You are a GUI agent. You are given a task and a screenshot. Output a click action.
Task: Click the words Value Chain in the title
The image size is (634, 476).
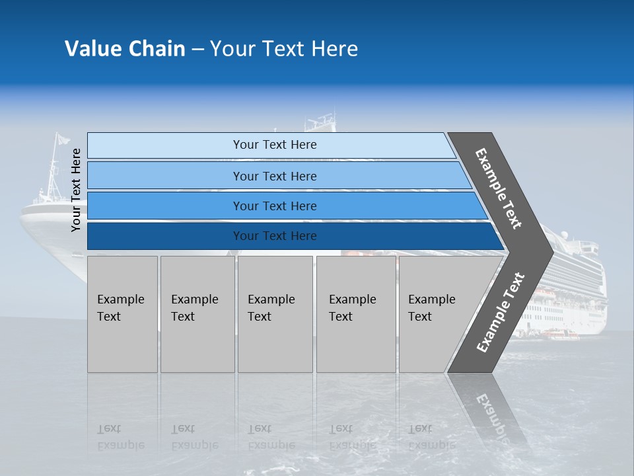pos(125,49)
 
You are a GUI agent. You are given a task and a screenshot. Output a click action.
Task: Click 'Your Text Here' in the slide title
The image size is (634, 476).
pos(284,49)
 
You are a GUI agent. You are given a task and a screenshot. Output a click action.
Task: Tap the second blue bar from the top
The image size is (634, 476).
pos(274,176)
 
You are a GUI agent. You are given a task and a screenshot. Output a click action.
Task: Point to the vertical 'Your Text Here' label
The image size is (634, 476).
pos(76,190)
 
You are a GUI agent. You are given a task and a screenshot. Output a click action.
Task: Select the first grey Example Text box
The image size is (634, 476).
pos(122,314)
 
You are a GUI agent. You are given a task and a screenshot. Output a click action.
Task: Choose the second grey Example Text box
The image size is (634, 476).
pos(197,314)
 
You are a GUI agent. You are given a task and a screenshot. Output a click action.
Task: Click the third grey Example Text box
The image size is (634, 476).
pos(275,314)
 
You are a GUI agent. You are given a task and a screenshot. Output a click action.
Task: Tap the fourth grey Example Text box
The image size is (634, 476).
pos(356,314)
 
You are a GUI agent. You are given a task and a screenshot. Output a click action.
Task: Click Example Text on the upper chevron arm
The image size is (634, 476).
pos(499,188)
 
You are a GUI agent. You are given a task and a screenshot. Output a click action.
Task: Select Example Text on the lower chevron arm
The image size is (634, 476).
pos(501,312)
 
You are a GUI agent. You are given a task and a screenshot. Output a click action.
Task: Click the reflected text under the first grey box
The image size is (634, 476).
pos(120,436)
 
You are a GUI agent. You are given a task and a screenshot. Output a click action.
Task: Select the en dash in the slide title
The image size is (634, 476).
pos(197,50)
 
